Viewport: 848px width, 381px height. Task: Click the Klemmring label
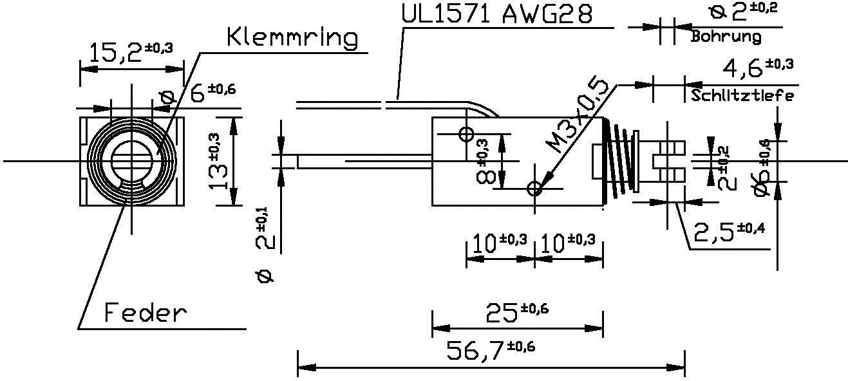tap(292, 38)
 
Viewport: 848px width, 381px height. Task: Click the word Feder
tap(146, 313)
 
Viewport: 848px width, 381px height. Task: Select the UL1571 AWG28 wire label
tap(496, 14)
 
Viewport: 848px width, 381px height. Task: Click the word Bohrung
tap(726, 37)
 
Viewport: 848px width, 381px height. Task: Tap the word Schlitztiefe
tap(742, 96)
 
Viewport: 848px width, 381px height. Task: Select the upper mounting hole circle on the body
tap(466, 135)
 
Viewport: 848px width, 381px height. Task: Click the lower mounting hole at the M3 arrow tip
tap(534, 189)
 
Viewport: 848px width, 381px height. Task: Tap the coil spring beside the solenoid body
tap(619, 161)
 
